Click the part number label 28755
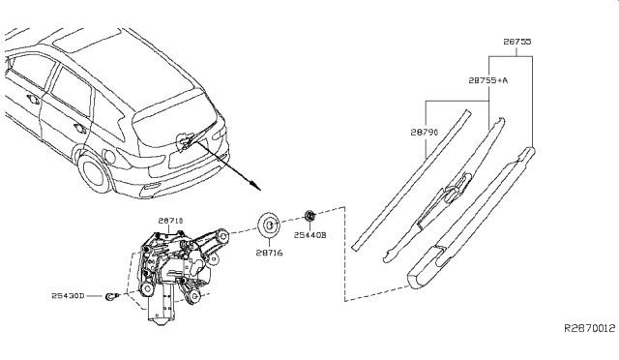[517, 42]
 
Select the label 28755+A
[488, 80]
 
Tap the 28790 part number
[425, 132]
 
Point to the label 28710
[171, 221]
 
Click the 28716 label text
[269, 253]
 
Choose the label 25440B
[309, 235]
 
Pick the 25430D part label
[68, 295]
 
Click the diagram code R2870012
[589, 328]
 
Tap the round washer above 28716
[269, 225]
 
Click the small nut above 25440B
[309, 216]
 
